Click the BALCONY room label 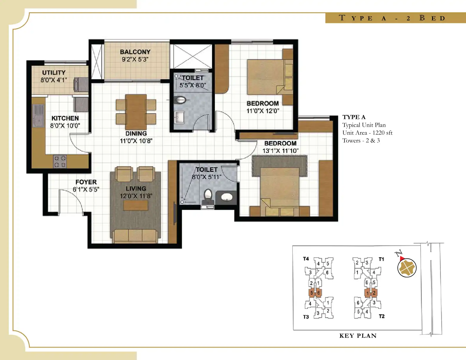135,52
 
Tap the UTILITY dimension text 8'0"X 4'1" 54,80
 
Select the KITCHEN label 65,118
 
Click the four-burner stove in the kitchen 60,161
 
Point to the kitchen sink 38,116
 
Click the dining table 136,112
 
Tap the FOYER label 86,182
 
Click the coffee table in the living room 136,205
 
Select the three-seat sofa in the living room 135,236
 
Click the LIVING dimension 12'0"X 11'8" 136,196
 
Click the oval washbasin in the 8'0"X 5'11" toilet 227,197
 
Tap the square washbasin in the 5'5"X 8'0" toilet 179,117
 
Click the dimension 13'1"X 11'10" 280,151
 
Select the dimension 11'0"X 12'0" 263,111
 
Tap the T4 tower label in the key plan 306,259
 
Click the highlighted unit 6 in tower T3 318,293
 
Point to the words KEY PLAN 358,336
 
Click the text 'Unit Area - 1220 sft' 367,133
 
